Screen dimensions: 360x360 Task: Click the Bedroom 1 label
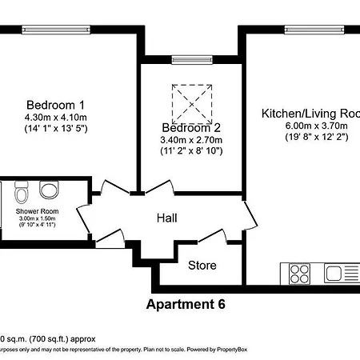56,105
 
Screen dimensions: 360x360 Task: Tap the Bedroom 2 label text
190,128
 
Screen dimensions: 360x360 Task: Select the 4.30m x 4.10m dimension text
56,117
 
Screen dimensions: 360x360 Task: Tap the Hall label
166,218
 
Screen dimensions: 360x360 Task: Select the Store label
202,265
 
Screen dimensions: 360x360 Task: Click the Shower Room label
37,211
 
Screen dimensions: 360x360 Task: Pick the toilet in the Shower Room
22,192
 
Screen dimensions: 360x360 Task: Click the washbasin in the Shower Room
50,190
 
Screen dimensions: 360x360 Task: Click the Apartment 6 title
186,304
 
